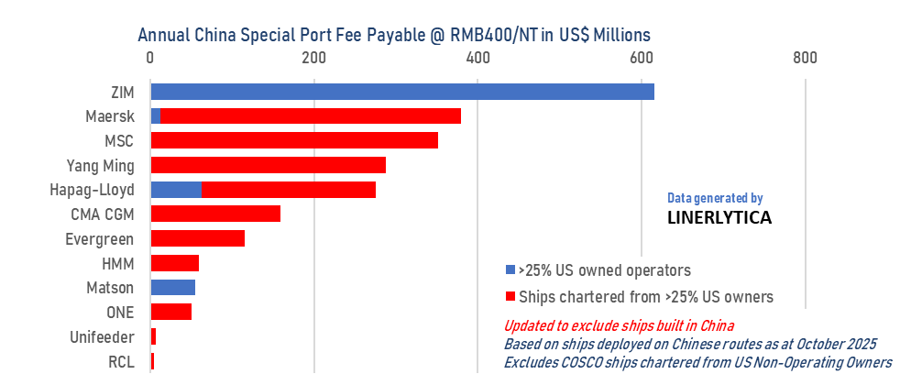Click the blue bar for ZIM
coord(401,92)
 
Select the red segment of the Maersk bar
coord(311,116)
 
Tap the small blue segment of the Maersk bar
coord(155,116)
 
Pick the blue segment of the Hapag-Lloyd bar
coord(175,190)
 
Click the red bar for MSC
coord(293,141)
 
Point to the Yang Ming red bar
coord(268,166)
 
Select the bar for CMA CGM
coord(214,214)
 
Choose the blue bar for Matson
coord(172,288)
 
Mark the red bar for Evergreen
coord(197,238)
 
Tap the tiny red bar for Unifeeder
coord(153,336)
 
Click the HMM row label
coord(118,264)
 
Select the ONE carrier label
coord(120,313)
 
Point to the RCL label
coord(121,361)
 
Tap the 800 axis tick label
coord(804,58)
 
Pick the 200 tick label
coord(313,58)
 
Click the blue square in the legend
coord(510,271)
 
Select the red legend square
coord(510,297)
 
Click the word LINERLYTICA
coord(719,219)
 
